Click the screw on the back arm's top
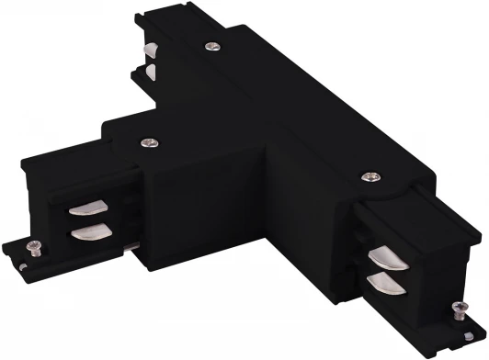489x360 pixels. point(214,46)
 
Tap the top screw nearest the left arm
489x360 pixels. point(148,141)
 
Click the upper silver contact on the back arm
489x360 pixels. point(148,49)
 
